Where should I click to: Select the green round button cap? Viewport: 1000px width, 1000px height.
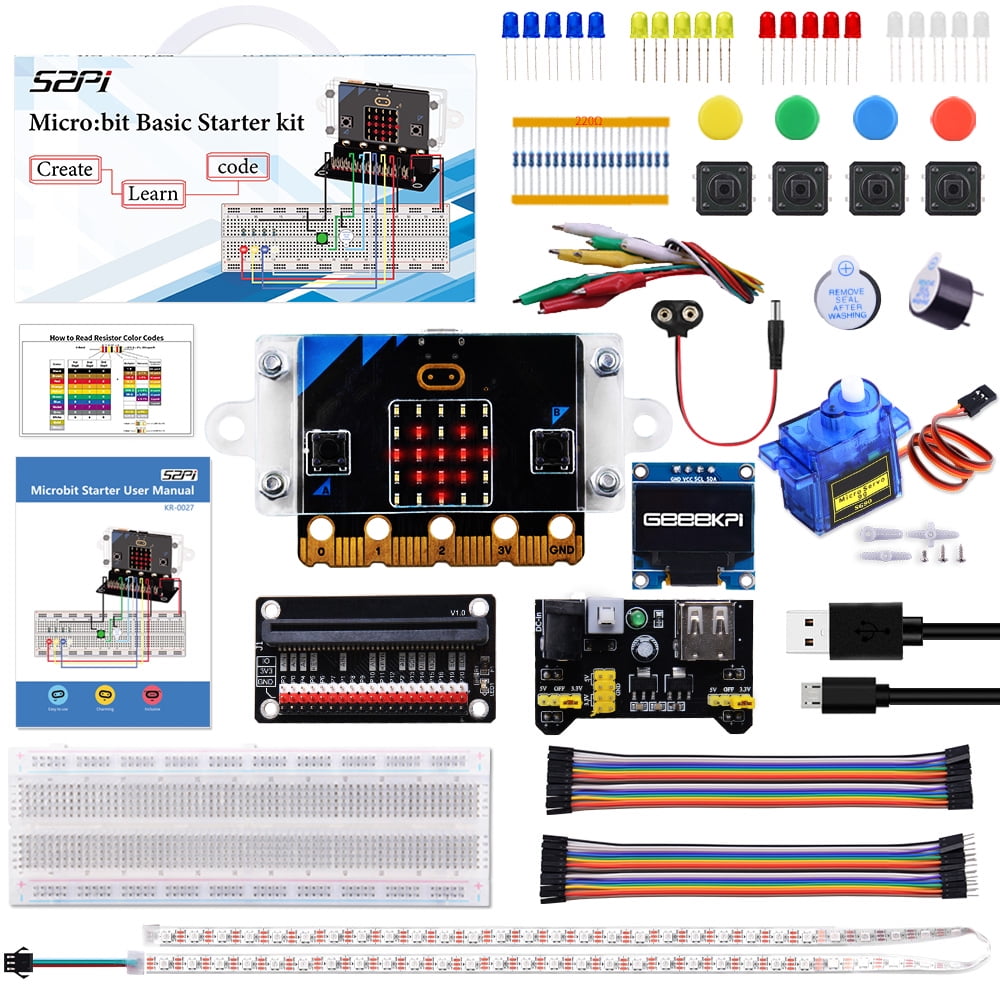point(796,116)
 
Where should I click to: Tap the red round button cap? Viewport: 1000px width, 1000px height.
point(952,117)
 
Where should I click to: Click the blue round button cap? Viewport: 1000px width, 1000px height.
point(874,116)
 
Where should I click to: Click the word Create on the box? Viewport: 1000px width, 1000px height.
point(65,169)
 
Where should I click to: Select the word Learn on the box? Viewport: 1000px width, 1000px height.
point(152,194)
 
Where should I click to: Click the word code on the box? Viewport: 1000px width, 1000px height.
point(237,167)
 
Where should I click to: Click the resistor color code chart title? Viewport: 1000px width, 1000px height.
point(107,338)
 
